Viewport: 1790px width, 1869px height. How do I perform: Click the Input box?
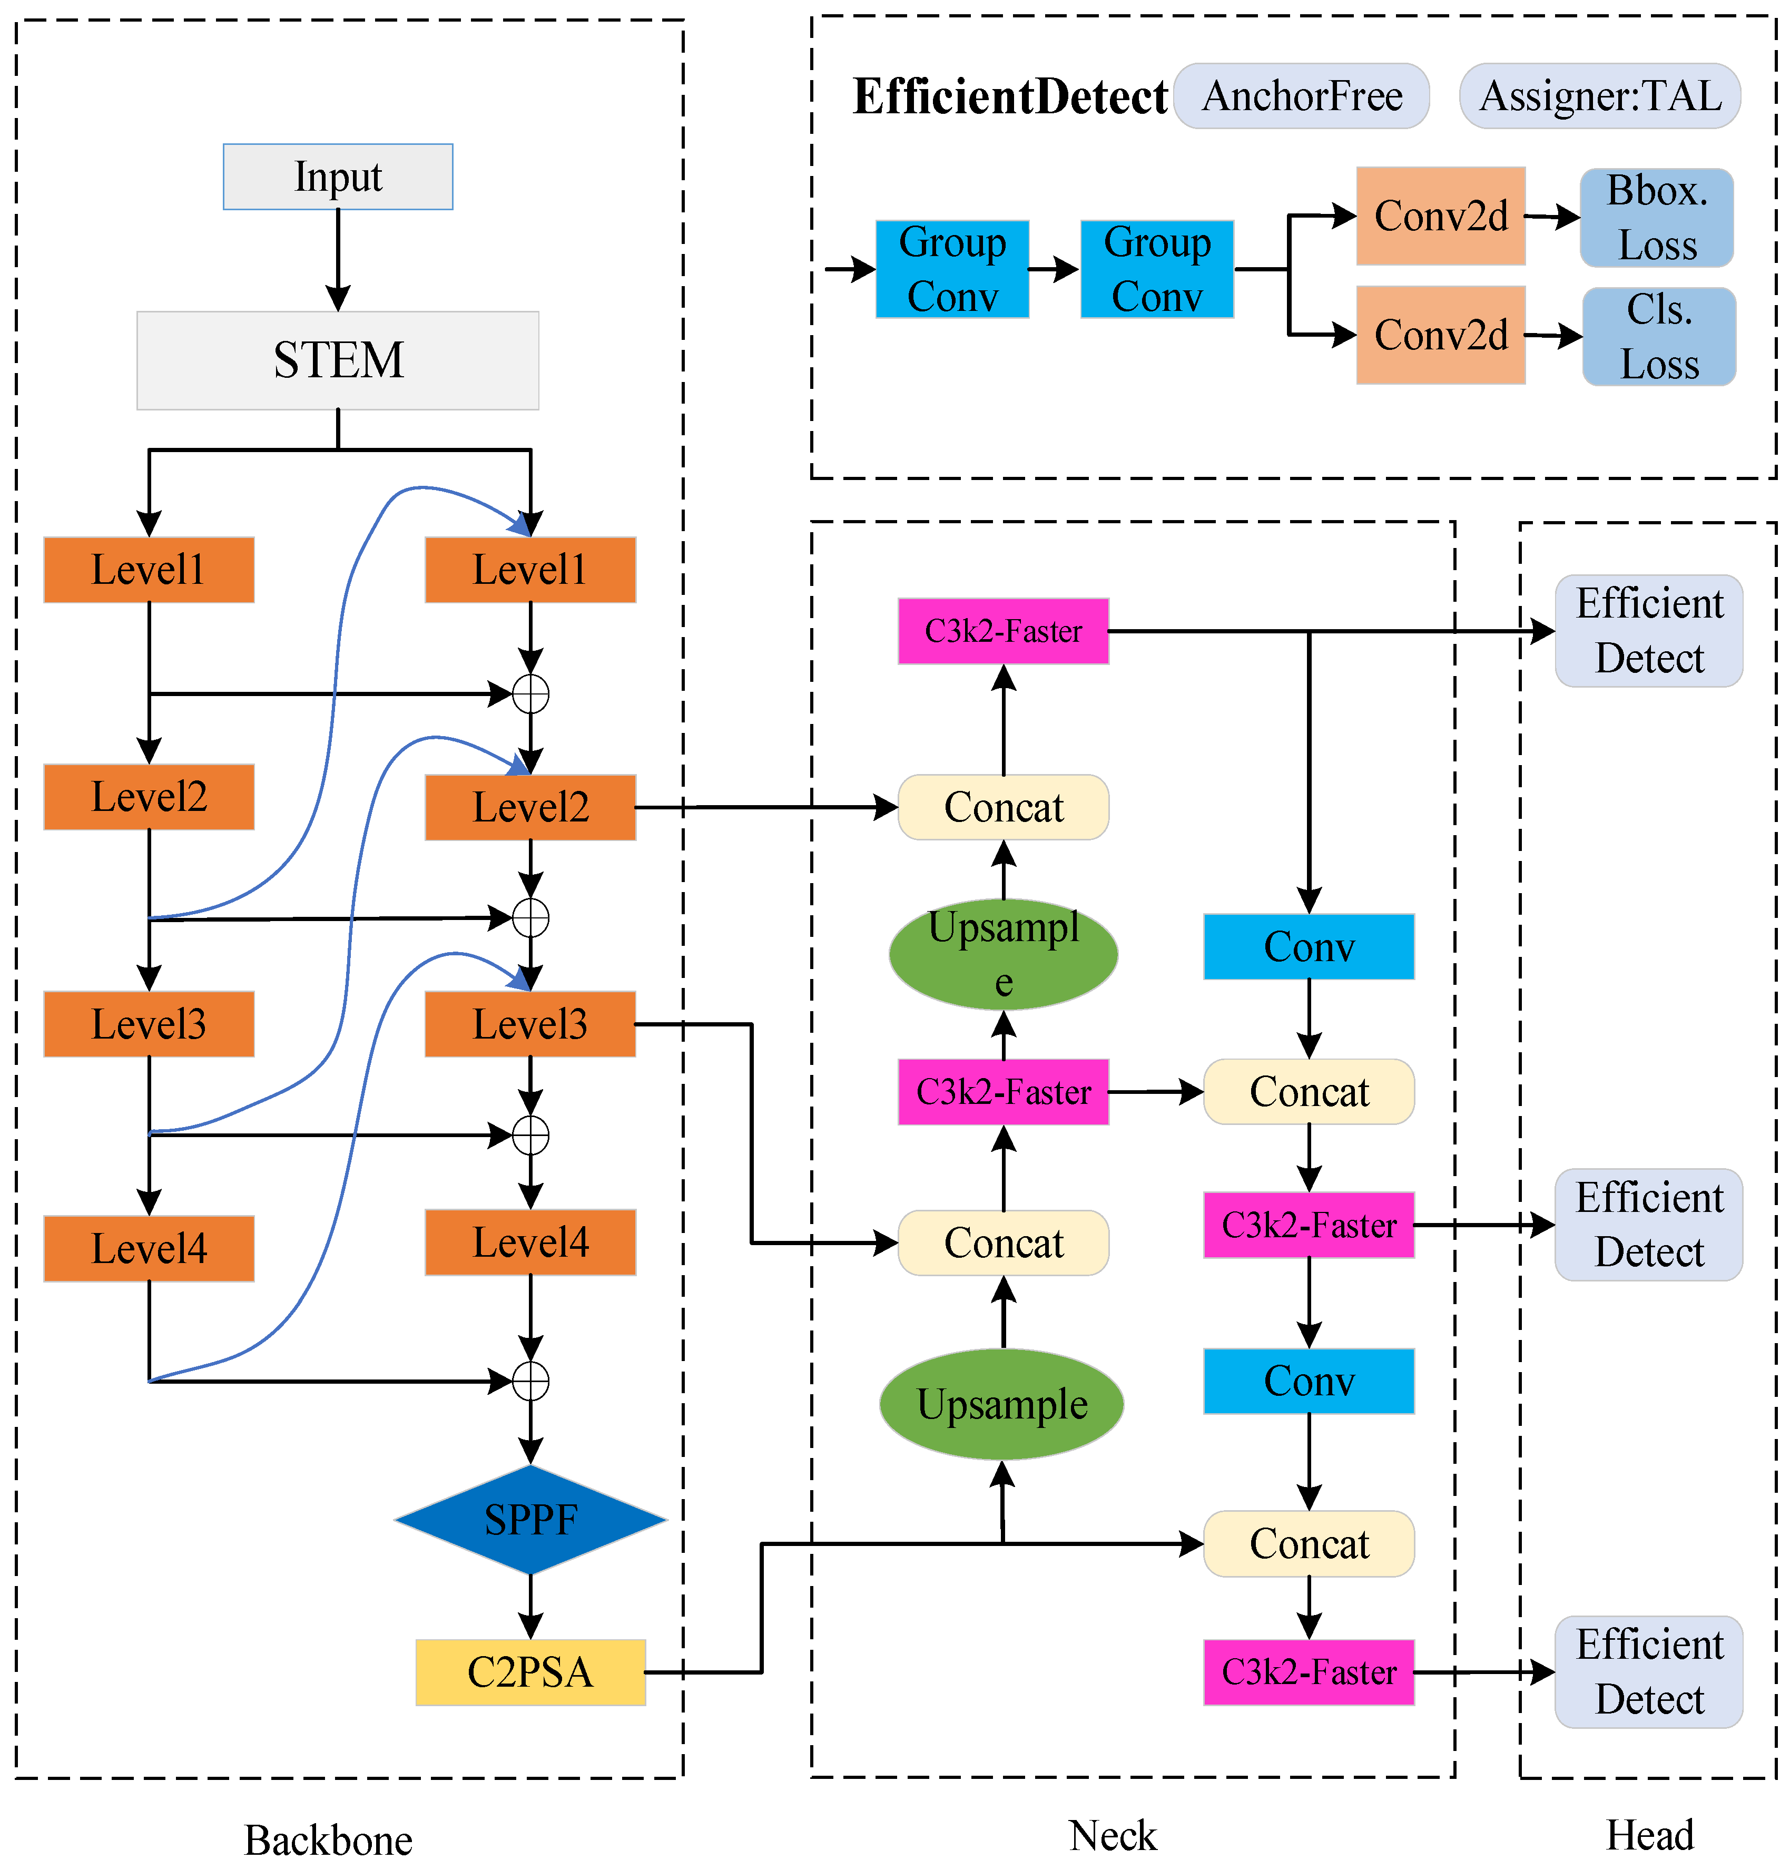tap(338, 177)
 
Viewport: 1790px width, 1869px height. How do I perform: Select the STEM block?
tap(338, 360)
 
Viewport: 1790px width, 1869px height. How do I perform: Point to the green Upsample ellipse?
tap(1001, 1404)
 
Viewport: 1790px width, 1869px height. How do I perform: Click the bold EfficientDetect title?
tap(1009, 96)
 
